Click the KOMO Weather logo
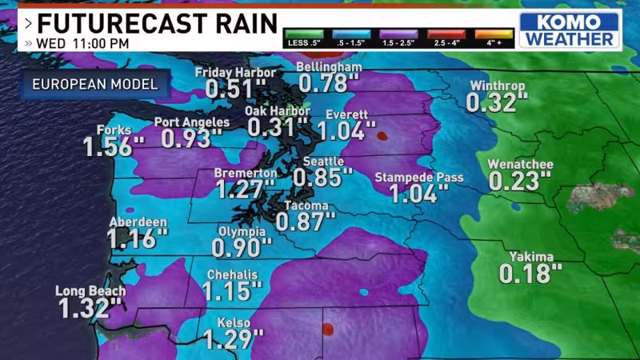[570, 29]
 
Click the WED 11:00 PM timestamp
[78, 43]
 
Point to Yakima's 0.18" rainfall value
[526, 274]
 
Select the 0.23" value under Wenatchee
[515, 181]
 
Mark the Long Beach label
[87, 291]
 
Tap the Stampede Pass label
[418, 177]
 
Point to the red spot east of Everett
[382, 135]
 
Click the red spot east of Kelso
[326, 328]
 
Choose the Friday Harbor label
[236, 73]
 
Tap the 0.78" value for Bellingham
[329, 82]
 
